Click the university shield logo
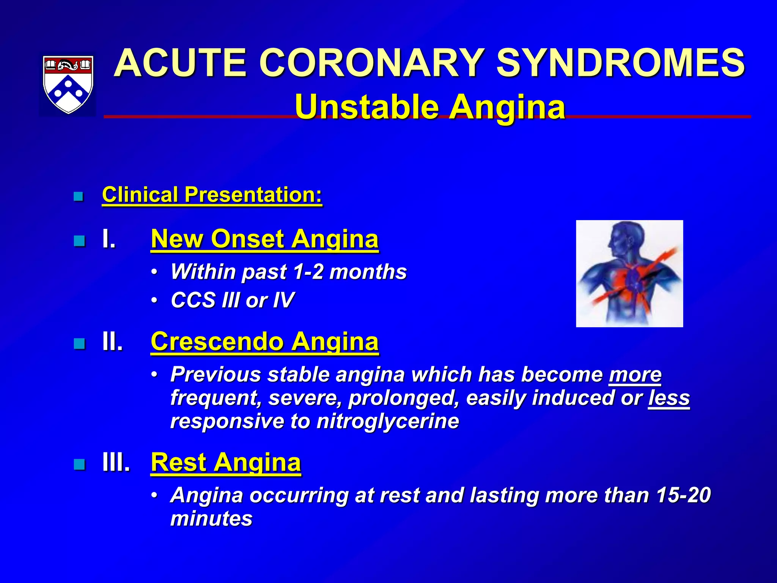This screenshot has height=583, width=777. point(68,84)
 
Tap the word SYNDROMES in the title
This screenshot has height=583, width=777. point(621,63)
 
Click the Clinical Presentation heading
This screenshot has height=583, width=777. point(212,195)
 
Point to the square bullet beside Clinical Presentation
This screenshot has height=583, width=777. point(79,197)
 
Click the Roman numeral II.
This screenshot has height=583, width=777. point(113,342)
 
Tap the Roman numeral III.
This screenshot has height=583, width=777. point(116,462)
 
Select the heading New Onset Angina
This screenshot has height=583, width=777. point(264,239)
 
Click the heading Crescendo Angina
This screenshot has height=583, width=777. point(264,342)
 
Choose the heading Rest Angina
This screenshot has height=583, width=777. point(226,462)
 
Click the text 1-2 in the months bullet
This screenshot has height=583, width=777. point(308,272)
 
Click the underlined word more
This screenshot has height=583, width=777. point(635,375)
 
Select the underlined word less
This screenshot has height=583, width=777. point(669,398)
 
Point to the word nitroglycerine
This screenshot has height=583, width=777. point(387,421)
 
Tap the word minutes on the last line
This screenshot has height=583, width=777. point(211,519)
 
